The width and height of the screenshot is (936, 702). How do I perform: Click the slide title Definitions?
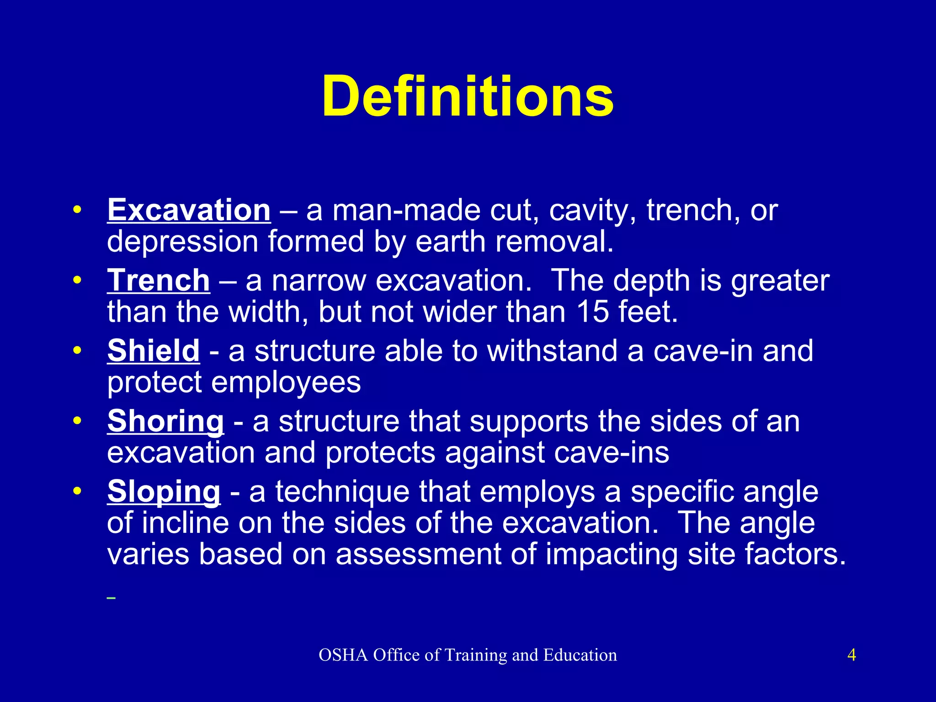tap(468, 97)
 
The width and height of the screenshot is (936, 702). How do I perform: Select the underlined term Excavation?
tap(189, 211)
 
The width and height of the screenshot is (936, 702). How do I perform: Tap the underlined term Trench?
tap(159, 281)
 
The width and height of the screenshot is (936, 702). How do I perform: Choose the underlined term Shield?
tap(154, 351)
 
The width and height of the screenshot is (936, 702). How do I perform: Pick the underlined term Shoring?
tap(165, 421)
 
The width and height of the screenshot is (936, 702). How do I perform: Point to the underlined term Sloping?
tap(164, 492)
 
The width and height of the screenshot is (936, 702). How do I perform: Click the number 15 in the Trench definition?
tap(593, 312)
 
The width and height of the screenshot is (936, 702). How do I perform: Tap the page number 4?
tap(851, 655)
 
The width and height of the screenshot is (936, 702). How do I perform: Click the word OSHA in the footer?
tap(343, 655)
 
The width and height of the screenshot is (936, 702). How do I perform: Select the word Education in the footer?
tap(580, 655)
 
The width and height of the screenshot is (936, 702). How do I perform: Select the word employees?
tap(286, 383)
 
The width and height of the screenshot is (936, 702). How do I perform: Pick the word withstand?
tap(552, 351)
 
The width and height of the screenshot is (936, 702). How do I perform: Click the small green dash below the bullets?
tap(111, 598)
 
